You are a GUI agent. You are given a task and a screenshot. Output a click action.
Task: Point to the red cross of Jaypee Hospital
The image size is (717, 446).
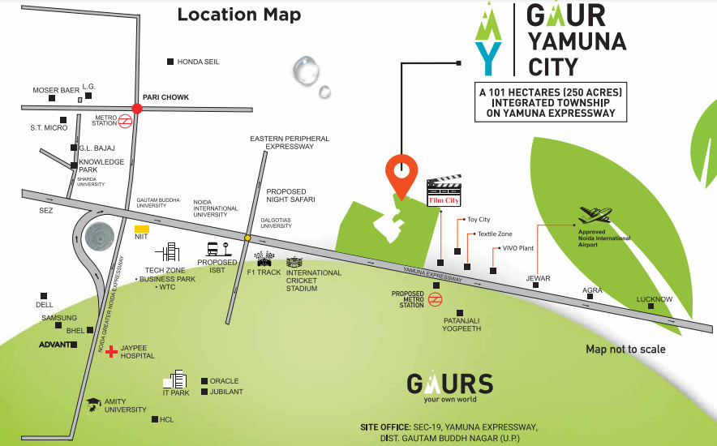111,351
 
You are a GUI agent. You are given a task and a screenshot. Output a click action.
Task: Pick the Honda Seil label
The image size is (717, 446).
198,62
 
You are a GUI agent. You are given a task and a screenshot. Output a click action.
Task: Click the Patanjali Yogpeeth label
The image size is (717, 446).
462,324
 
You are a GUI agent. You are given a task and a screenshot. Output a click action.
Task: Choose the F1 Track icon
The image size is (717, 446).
264,259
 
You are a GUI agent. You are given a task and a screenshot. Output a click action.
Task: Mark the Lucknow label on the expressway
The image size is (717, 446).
654,299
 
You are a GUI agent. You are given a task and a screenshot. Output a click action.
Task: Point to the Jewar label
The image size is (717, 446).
538,278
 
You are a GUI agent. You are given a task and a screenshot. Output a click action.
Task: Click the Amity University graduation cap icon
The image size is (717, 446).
94,402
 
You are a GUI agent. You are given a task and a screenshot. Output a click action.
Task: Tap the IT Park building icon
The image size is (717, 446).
177,380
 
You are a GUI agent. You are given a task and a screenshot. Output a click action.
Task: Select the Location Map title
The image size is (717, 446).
238,15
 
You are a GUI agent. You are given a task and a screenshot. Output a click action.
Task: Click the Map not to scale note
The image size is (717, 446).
625,350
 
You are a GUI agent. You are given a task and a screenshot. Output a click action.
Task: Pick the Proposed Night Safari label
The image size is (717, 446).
290,195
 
